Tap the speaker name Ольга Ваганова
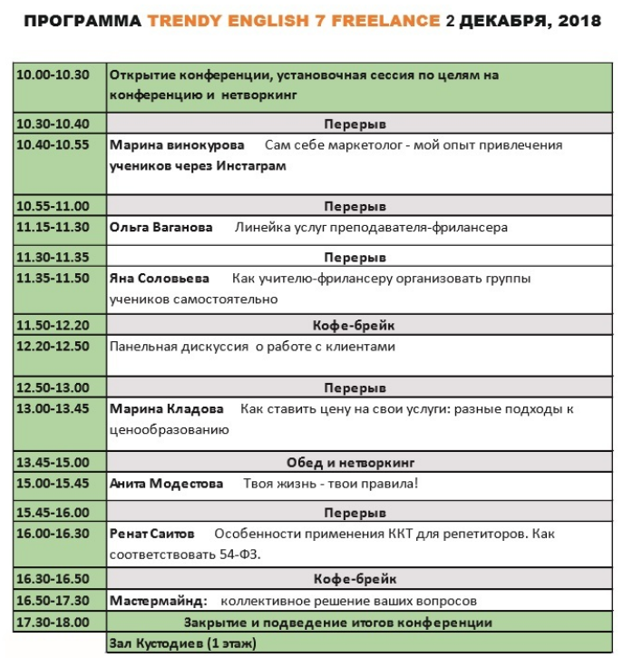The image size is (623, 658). [161, 227]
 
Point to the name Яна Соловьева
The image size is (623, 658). [159, 278]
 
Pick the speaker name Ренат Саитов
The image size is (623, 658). [151, 533]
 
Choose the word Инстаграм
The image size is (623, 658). [248, 166]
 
